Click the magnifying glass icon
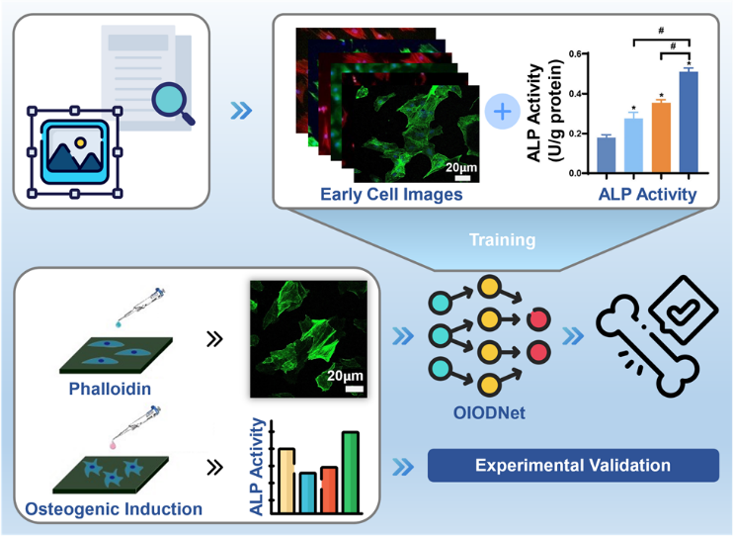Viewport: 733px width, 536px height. click(169, 103)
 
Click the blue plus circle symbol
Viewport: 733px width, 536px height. click(503, 112)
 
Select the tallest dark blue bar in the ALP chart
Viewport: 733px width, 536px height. click(682, 124)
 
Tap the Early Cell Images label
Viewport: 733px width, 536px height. click(391, 194)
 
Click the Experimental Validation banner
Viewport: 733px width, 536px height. click(573, 465)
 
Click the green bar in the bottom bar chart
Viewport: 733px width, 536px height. click(350, 473)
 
